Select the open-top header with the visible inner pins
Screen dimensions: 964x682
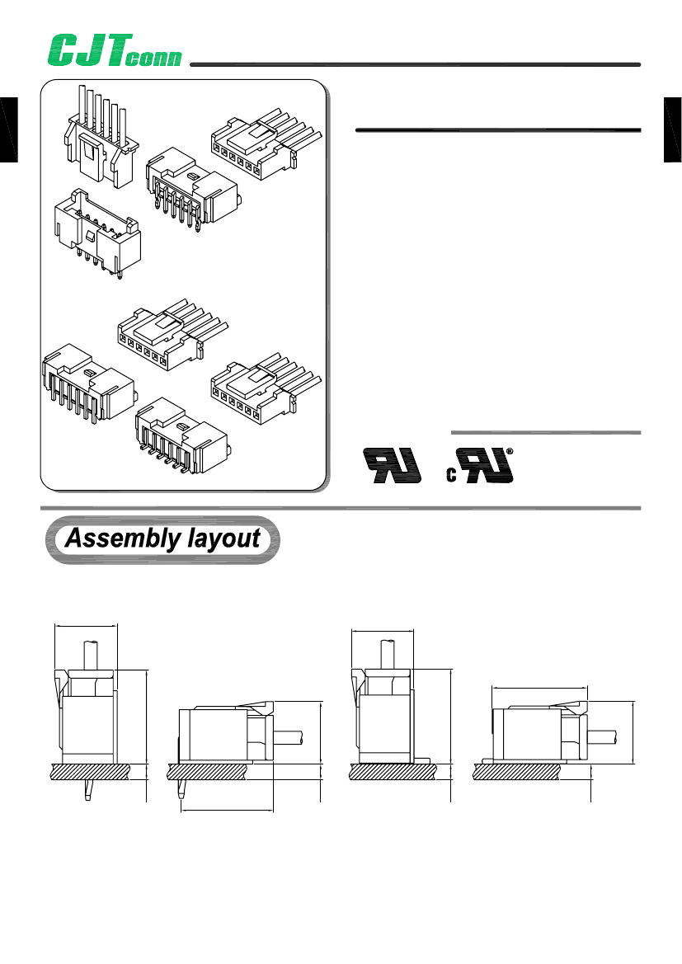point(95,231)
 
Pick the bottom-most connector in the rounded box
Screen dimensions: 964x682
point(181,437)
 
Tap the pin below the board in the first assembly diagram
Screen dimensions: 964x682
point(87,791)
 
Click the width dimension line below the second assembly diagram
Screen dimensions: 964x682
point(227,810)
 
